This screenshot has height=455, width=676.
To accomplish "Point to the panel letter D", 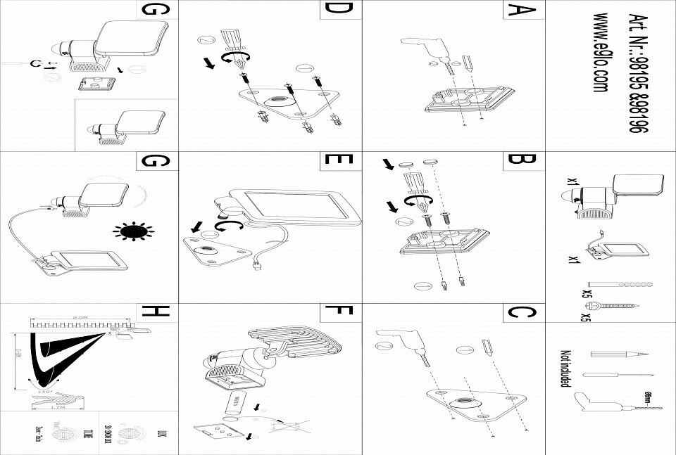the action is [339, 12].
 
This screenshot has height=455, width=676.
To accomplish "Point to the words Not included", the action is [564, 369].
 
